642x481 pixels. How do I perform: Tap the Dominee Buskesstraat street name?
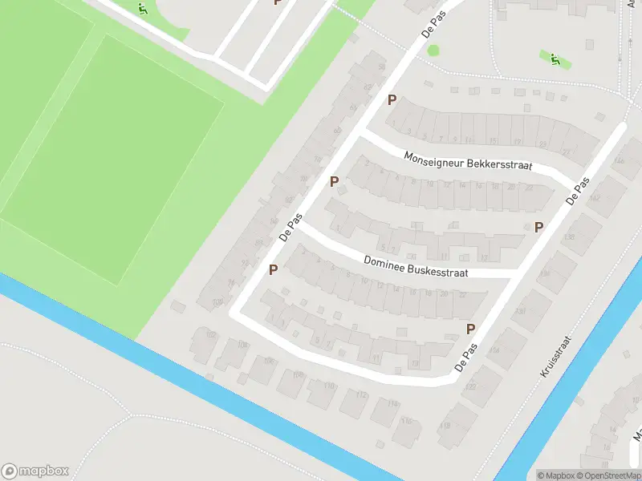[415, 267]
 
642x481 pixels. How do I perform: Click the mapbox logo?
[35, 471]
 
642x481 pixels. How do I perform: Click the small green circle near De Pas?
[433, 51]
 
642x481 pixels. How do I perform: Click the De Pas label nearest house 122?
[466, 358]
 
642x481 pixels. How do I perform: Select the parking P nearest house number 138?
[538, 228]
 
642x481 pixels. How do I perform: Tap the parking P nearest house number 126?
[471, 329]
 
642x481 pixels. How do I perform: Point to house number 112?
[362, 395]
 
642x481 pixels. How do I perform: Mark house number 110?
[329, 386]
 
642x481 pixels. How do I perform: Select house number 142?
[595, 196]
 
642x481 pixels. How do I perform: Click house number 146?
[619, 163]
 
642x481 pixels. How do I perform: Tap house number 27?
[565, 151]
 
